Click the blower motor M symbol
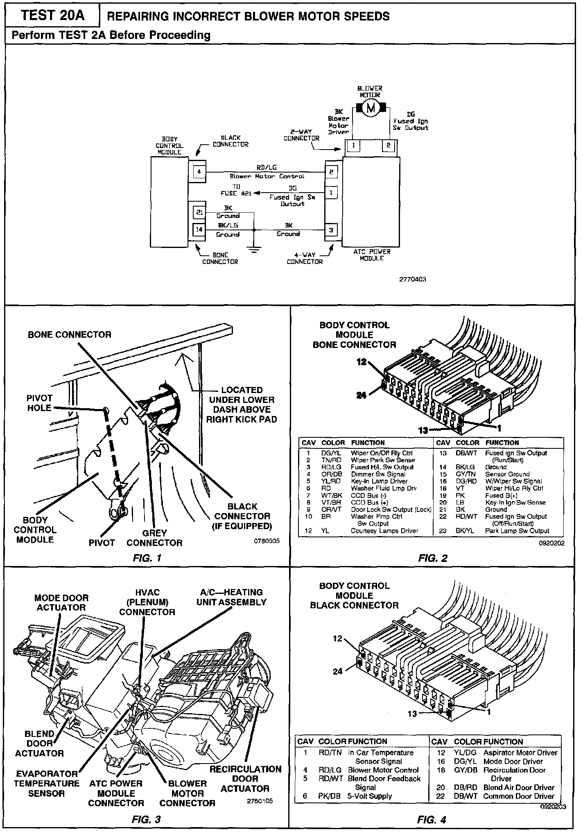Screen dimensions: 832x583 point(371,108)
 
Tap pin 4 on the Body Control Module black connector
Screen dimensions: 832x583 point(199,172)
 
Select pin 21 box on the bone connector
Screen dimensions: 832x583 point(199,212)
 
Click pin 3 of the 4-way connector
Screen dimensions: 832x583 point(331,230)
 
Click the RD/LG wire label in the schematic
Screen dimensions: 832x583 point(267,167)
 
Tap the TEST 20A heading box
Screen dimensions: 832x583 point(52,16)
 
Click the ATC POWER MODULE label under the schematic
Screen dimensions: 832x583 point(372,255)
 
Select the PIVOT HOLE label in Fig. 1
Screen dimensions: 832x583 point(39,403)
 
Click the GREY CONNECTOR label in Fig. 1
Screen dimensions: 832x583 point(154,538)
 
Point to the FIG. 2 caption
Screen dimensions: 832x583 point(433,558)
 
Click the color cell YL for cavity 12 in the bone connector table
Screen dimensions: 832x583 point(325,531)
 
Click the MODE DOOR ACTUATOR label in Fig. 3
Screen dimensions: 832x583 point(61,602)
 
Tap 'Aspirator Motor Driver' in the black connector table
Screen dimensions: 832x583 point(520,752)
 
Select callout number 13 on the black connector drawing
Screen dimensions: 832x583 point(412,714)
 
